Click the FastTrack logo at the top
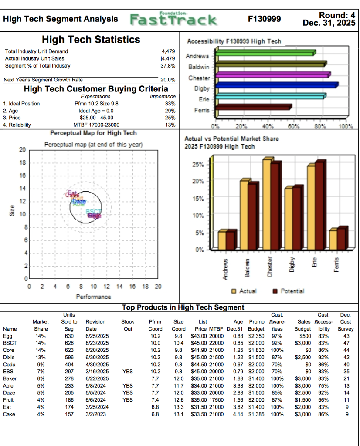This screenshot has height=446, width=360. (173, 19)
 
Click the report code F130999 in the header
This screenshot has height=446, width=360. (264, 19)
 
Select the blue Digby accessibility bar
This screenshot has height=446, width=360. (277, 85)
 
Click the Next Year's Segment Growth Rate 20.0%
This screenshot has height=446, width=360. (168, 80)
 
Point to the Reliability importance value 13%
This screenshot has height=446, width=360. (170, 125)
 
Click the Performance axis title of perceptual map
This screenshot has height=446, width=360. (93, 297)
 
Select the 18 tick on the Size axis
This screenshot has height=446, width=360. (22, 163)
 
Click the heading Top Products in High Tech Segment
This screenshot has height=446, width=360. (183, 307)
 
